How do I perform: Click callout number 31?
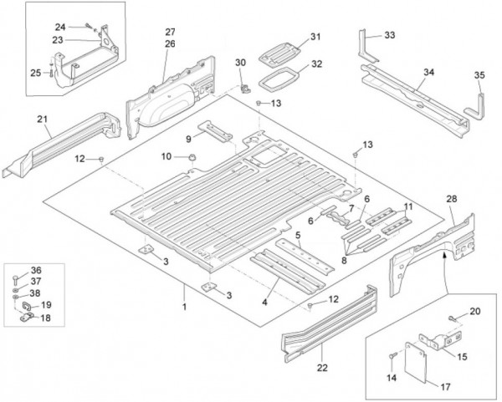[315, 36]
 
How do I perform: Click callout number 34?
[428, 73]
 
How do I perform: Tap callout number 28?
[451, 199]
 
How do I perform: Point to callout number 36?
[35, 269]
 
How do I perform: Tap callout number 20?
[474, 313]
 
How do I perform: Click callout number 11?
[407, 206]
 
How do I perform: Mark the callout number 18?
[46, 318]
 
